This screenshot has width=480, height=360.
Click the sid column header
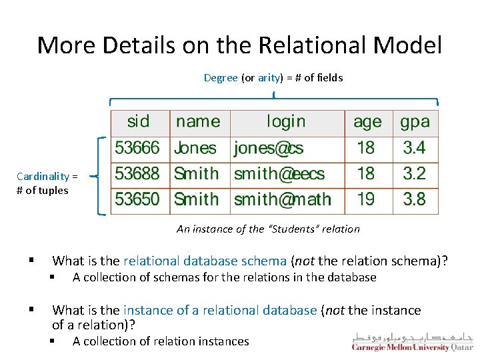139,121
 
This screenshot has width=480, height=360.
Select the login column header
286,121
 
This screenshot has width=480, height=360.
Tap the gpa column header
415,122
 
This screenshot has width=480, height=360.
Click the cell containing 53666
137,147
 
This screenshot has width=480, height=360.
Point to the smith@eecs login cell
279,174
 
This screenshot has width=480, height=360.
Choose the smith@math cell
283,199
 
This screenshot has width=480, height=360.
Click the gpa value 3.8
414,199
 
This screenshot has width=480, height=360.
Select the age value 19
366,199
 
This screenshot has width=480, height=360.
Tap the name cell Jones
195,148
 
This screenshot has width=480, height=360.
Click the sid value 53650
137,199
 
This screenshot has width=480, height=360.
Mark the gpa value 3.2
414,174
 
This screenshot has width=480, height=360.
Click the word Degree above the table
221,78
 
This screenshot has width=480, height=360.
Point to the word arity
269,78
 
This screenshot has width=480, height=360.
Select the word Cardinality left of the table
43,177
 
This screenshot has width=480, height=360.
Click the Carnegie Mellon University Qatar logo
412,342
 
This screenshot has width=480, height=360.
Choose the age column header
367,122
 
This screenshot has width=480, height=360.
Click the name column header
198,121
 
